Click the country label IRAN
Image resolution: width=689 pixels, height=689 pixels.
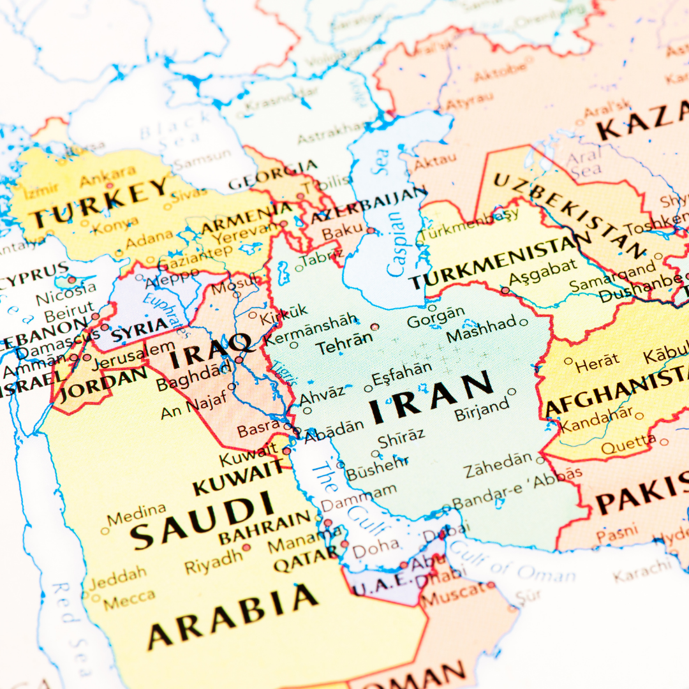431,396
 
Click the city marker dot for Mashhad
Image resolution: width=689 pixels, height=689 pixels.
524,322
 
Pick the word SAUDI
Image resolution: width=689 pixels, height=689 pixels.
203,521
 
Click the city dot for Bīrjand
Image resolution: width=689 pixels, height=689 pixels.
512,391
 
